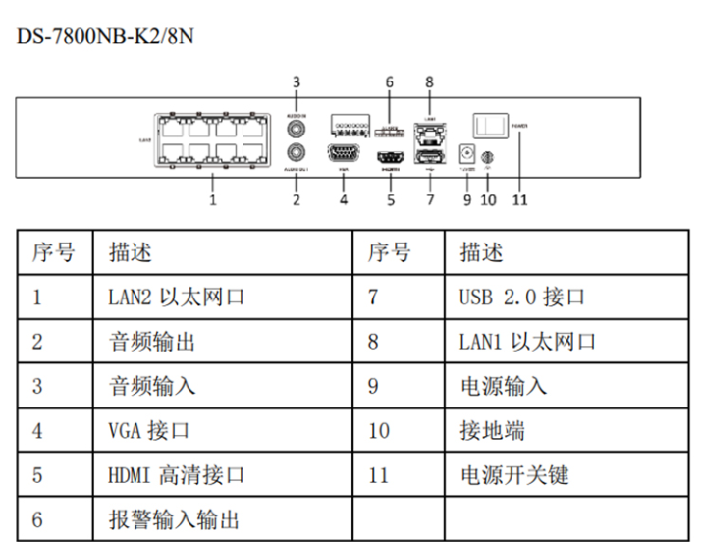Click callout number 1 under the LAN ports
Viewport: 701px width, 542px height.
click(212, 200)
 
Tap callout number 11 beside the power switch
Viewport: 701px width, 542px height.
click(520, 200)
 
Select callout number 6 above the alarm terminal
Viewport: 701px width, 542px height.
click(389, 81)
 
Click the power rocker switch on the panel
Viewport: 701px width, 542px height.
click(488, 125)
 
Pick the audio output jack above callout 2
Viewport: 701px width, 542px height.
click(296, 153)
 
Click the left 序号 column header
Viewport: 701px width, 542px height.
click(53, 252)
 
